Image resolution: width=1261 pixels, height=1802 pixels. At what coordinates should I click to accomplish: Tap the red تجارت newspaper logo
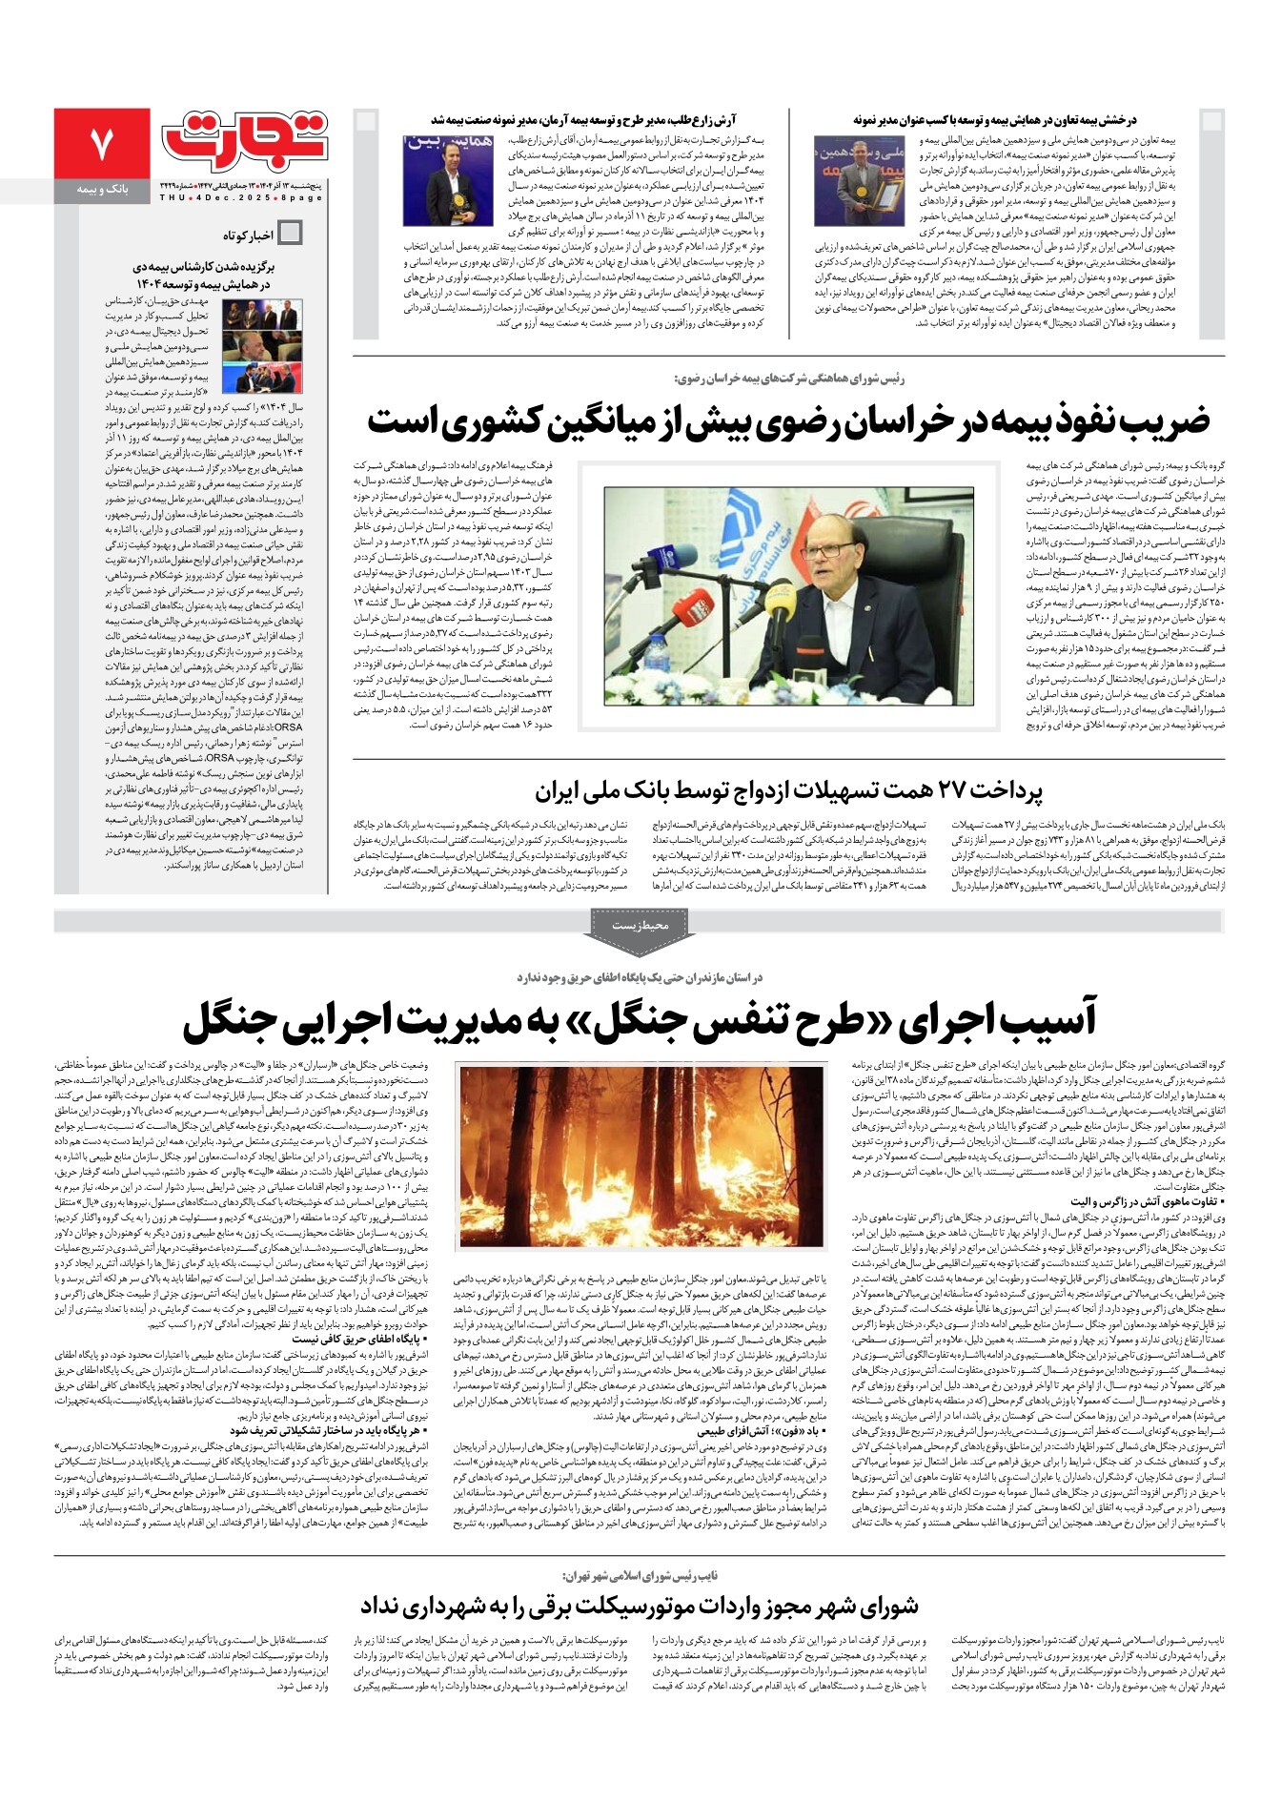click(245, 142)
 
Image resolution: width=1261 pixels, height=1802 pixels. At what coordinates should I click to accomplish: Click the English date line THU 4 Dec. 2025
click(241, 197)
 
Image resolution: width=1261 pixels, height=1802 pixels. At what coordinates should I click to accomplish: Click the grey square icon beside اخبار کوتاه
click(290, 233)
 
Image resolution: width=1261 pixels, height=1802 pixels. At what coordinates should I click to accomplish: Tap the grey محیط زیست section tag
click(640, 925)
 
